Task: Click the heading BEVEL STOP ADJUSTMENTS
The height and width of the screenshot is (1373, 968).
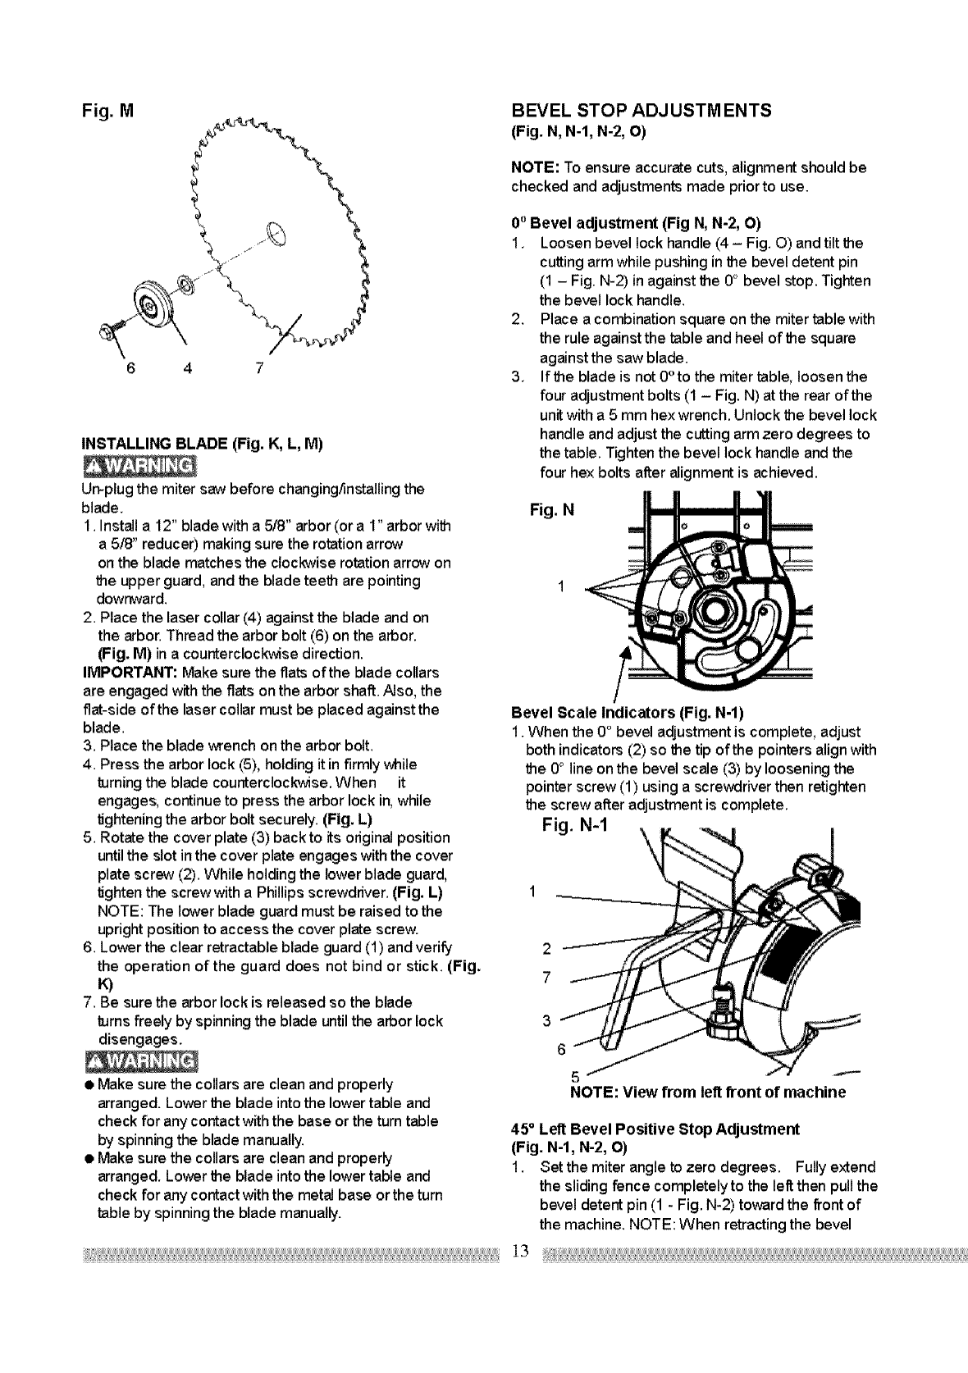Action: coord(641,111)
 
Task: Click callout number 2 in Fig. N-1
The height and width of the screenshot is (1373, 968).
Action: coord(546,951)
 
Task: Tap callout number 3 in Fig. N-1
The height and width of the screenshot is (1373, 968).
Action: coord(546,1021)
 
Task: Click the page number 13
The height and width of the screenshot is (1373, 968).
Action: coord(518,1251)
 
